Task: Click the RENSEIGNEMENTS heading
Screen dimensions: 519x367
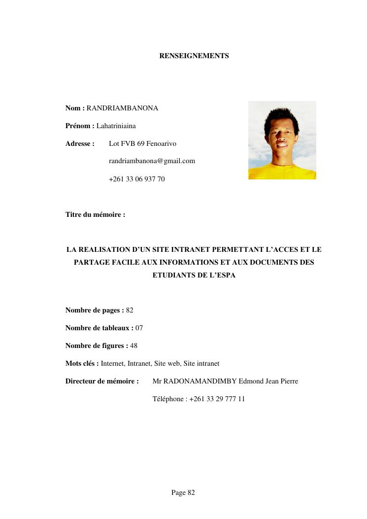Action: (x=194, y=56)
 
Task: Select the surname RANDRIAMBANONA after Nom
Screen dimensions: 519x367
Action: (x=122, y=108)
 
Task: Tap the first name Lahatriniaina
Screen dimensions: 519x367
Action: (x=116, y=126)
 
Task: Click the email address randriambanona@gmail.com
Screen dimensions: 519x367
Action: (x=152, y=161)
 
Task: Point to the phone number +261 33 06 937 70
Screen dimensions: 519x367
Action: (x=136, y=179)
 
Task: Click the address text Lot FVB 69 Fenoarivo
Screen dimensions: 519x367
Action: (x=142, y=144)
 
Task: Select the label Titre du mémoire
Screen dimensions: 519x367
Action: (x=95, y=215)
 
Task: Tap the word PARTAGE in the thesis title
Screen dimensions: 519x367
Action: (x=92, y=263)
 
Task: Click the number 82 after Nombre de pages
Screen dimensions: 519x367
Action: (x=130, y=311)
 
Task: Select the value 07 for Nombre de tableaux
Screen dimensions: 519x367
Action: (x=139, y=328)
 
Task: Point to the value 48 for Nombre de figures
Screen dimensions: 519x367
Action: (x=133, y=346)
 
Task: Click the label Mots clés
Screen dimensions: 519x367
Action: (x=82, y=364)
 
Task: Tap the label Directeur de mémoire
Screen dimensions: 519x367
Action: (x=102, y=381)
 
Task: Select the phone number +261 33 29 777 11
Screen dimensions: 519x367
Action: (x=217, y=399)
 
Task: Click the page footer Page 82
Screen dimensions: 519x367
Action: (x=183, y=493)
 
